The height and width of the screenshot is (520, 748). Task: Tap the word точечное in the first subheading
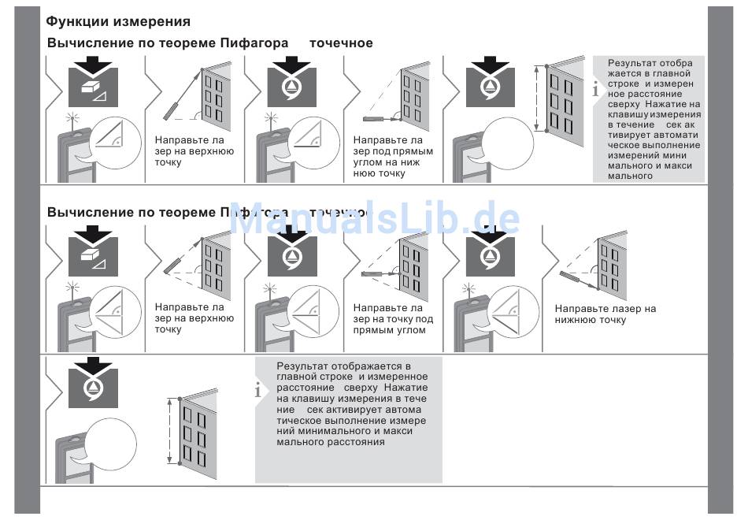point(341,43)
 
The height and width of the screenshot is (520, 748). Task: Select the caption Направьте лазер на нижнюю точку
point(605,314)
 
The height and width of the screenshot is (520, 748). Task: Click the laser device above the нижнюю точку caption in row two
point(571,276)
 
